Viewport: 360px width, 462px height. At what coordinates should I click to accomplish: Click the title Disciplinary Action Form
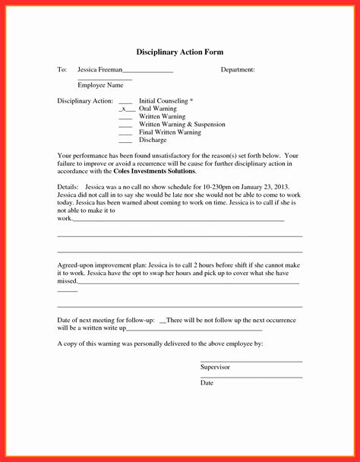point(180,52)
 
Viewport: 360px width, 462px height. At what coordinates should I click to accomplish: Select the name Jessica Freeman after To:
point(99,70)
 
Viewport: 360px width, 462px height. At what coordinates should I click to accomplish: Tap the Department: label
point(238,70)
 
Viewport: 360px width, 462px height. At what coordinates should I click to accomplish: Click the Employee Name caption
point(100,85)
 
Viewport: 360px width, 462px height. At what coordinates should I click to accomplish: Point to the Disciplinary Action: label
point(85,101)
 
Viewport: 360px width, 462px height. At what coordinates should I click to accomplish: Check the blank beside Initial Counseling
point(125,102)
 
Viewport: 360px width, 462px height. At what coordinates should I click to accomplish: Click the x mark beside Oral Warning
point(124,109)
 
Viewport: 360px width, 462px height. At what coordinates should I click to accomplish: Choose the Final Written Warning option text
point(170,132)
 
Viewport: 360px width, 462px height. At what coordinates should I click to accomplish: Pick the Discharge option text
point(152,140)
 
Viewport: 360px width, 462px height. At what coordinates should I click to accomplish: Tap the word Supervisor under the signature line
point(215,367)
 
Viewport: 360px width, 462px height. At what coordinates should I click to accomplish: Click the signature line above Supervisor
point(251,361)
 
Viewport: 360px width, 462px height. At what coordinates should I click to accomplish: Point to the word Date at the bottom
point(207,383)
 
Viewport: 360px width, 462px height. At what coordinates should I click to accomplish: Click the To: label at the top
point(62,70)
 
